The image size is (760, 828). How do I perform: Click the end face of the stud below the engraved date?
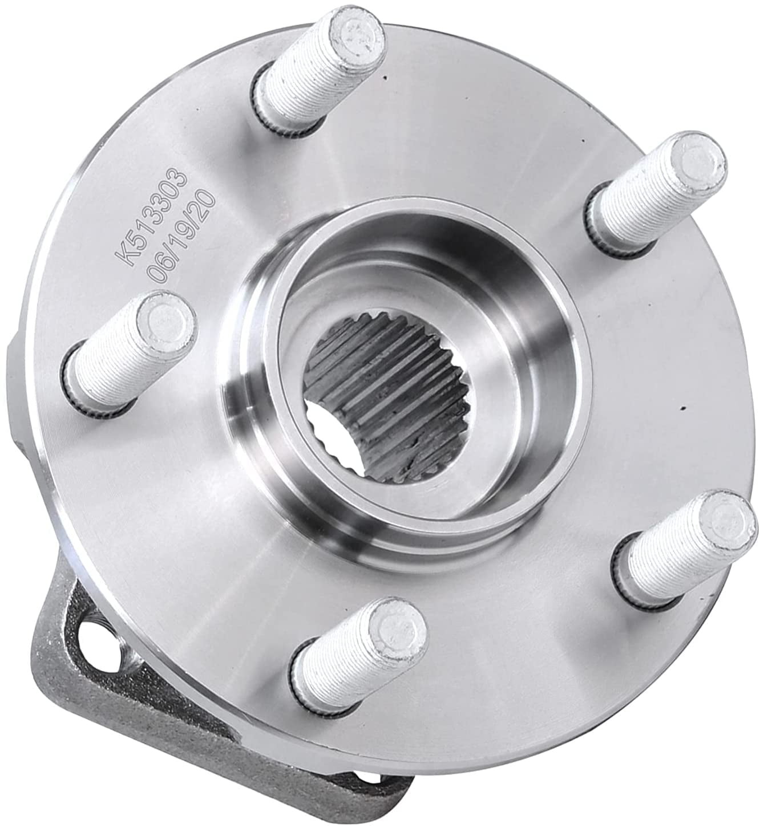(165, 320)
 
